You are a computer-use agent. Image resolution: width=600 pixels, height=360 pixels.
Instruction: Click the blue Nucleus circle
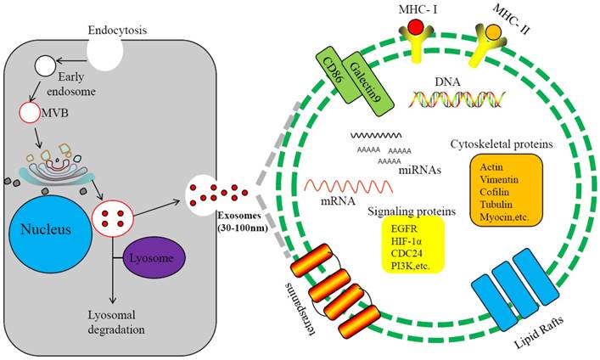pyautogui.click(x=53, y=229)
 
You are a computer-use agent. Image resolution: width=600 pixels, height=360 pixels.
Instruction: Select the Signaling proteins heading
pyautogui.click(x=410, y=210)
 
